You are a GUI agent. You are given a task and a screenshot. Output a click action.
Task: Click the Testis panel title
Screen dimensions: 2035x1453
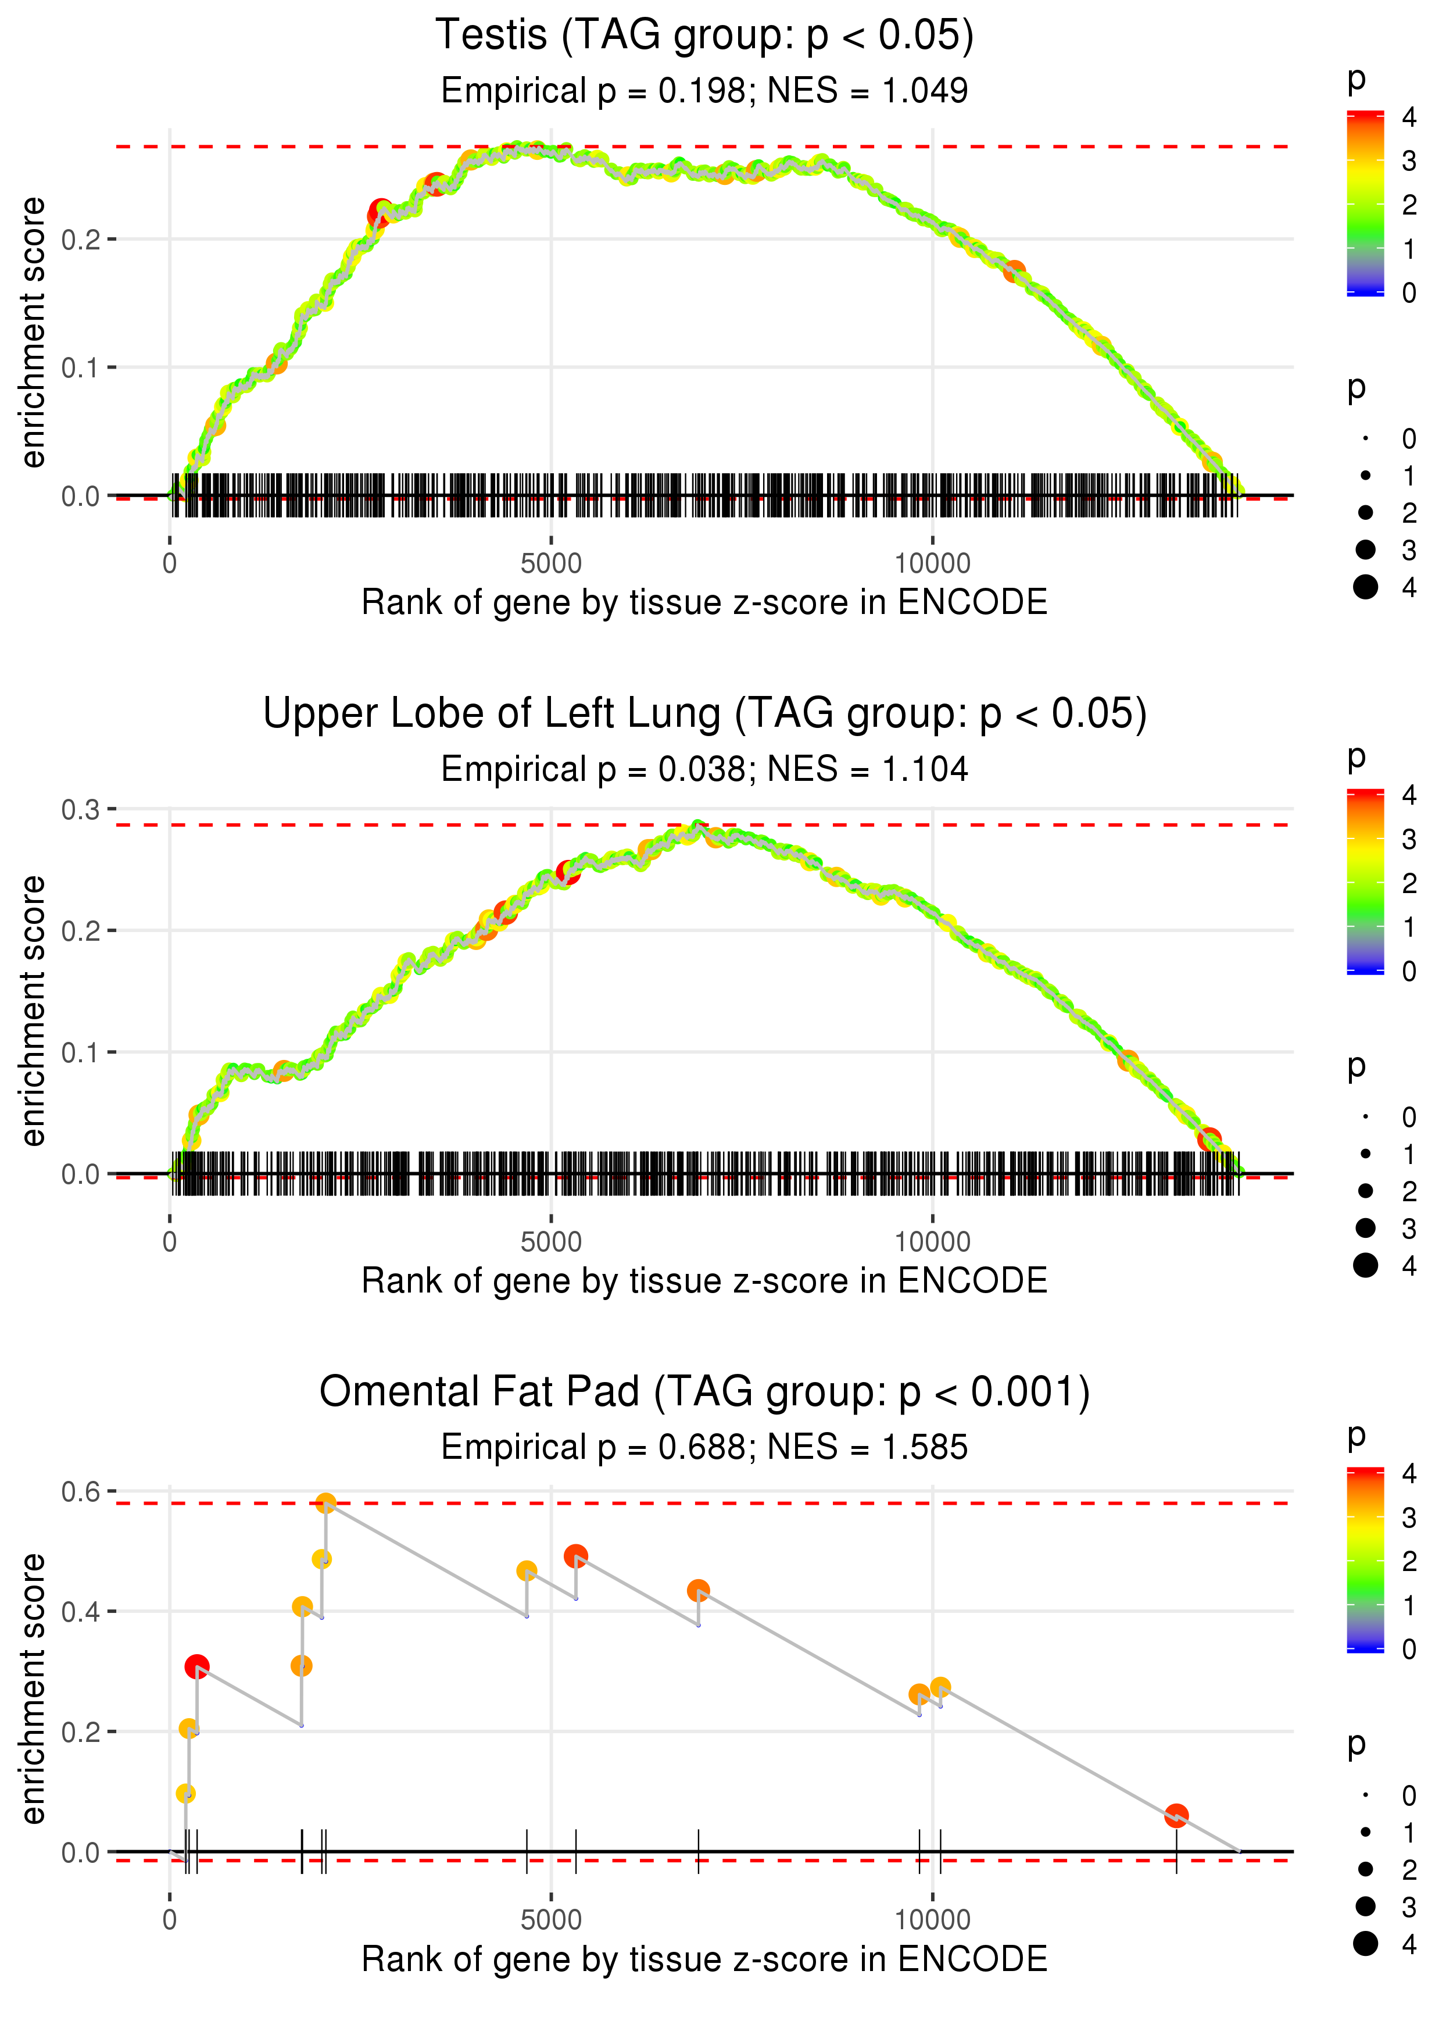pyautogui.click(x=704, y=36)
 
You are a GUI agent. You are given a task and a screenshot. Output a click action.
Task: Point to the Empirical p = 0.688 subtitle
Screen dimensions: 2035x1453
pyautogui.click(x=704, y=1447)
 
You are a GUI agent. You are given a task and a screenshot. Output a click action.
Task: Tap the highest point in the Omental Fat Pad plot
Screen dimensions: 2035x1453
pyautogui.click(x=325, y=1502)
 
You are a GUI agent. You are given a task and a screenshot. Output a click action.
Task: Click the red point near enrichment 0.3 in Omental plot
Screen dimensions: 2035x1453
pyautogui.click(x=197, y=1666)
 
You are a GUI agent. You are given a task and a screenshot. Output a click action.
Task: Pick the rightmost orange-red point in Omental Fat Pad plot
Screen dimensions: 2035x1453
pyautogui.click(x=1176, y=1816)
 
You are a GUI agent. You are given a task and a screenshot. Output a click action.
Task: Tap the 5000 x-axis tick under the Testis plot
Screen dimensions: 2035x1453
pyautogui.click(x=551, y=564)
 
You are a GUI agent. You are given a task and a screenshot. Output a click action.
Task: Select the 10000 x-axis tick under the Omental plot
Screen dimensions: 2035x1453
pyautogui.click(x=932, y=1920)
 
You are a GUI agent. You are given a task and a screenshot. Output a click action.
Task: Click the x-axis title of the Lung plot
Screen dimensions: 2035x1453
pyautogui.click(x=704, y=1281)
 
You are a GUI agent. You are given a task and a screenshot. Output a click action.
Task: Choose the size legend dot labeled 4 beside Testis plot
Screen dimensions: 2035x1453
pyautogui.click(x=1365, y=587)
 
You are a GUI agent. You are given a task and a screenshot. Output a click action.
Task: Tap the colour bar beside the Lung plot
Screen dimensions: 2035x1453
pyautogui.click(x=1365, y=881)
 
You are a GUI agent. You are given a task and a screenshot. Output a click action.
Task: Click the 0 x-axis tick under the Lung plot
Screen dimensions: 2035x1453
pyautogui.click(x=170, y=1242)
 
